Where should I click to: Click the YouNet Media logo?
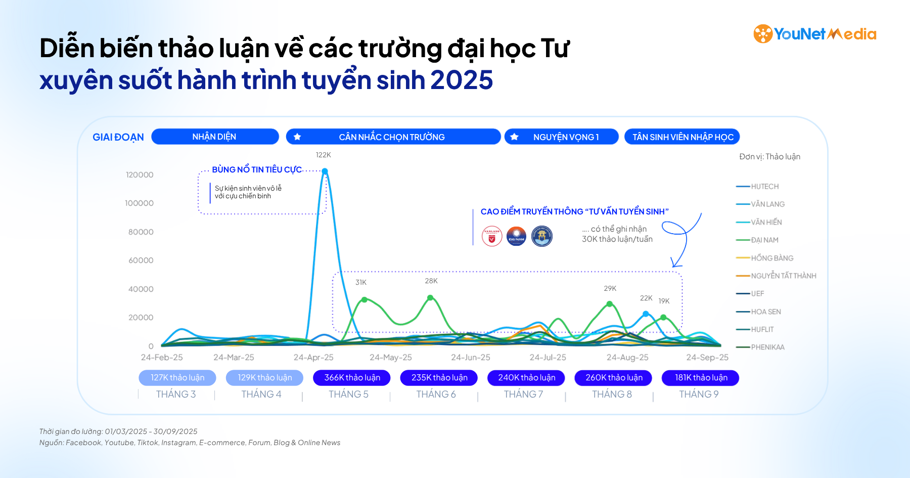(814, 34)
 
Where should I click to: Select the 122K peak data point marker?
(325, 171)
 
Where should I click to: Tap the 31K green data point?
(364, 299)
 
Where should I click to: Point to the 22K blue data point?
(646, 314)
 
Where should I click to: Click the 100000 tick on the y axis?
(140, 203)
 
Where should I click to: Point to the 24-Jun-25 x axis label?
(471, 357)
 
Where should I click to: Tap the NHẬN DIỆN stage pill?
(215, 137)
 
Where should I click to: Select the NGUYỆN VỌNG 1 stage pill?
(562, 137)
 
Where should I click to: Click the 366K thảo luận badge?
(352, 378)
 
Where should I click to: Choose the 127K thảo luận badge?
(177, 378)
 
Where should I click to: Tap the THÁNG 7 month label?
(523, 394)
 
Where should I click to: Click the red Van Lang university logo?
(491, 236)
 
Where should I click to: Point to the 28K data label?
(431, 281)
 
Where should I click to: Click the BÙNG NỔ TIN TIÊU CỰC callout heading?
(257, 169)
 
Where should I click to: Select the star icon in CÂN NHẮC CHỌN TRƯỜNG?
(297, 137)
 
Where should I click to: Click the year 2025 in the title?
(462, 80)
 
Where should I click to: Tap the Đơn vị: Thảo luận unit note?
(769, 157)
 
